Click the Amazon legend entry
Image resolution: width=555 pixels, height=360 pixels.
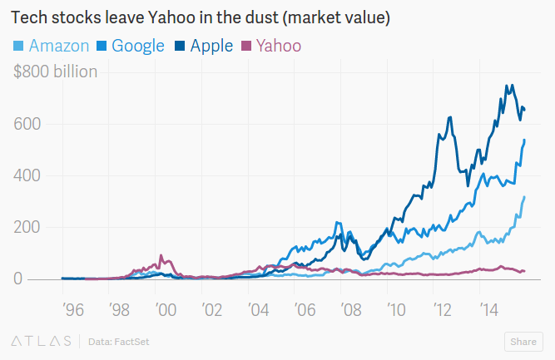point(51,46)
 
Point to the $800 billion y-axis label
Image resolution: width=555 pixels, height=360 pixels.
point(55,72)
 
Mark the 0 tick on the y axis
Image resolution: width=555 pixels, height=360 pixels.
point(19,279)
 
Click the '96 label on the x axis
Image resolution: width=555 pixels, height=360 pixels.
point(72,310)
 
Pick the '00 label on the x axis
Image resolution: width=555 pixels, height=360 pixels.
point(166,310)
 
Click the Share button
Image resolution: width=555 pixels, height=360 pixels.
point(523,341)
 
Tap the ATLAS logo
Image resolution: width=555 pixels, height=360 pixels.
point(39,341)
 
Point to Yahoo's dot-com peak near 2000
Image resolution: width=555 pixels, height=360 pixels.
point(161,255)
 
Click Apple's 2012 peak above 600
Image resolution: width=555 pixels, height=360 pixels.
point(449,117)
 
